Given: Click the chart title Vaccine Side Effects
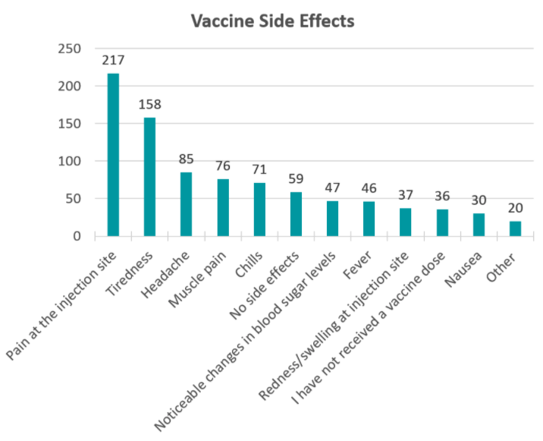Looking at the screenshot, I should (271, 21).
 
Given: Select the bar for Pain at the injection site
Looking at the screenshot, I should (113, 155).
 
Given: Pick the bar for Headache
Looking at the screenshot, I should (186, 204).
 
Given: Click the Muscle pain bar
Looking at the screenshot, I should (223, 207).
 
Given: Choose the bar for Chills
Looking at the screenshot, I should (259, 209).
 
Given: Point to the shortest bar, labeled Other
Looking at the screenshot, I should (515, 228).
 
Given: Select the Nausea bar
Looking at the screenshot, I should (479, 225).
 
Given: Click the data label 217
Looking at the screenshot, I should (113, 60).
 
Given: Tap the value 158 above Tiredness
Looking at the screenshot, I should (149, 105).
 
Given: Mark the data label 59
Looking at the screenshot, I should (296, 179).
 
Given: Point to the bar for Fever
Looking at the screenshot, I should (369, 219).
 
